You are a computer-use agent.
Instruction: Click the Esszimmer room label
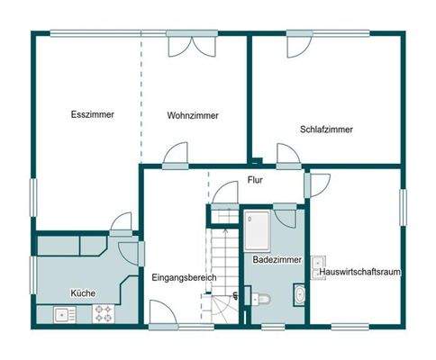click(x=93, y=114)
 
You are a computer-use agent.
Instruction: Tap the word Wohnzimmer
click(x=193, y=115)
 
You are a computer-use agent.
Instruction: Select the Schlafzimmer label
click(x=326, y=129)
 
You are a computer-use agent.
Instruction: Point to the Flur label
click(x=257, y=181)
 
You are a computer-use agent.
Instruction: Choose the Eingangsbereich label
click(x=185, y=278)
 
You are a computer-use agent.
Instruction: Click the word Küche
click(x=84, y=292)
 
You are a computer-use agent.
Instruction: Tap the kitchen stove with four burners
click(x=104, y=315)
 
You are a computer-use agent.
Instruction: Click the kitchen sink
click(x=63, y=315)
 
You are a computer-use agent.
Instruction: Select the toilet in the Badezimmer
click(x=262, y=299)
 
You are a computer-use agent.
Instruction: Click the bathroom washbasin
click(x=297, y=293)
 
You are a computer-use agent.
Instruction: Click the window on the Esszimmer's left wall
click(x=33, y=198)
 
